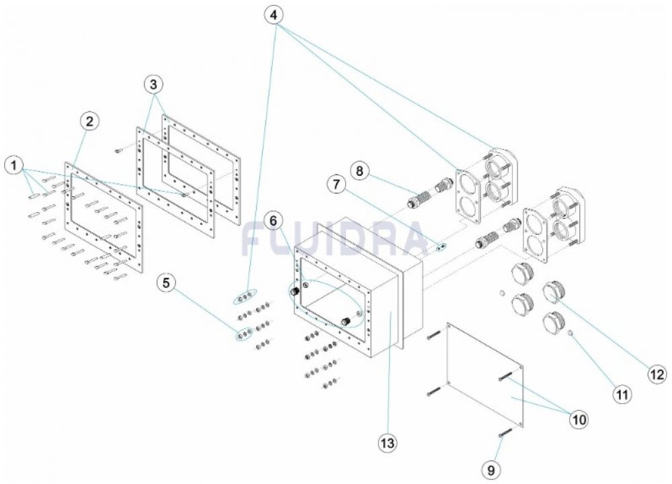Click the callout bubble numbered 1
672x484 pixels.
point(14,164)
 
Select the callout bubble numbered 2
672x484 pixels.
point(89,122)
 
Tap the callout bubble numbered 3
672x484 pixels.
point(155,85)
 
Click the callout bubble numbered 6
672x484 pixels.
point(272,220)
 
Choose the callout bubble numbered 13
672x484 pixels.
point(388,443)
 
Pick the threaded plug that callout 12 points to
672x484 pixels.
point(554,293)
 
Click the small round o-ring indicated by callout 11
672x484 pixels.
point(571,333)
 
